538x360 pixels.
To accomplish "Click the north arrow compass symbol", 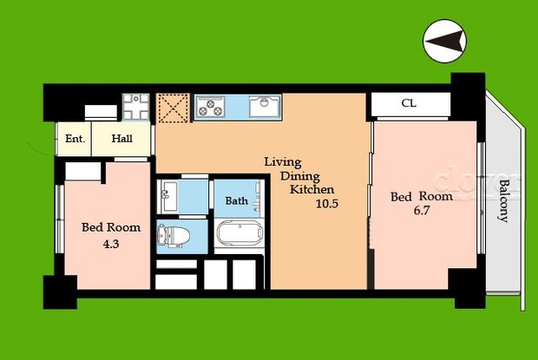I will click(444, 41).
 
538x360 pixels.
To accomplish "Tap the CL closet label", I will click(408, 104).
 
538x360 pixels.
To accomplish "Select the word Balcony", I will click(502, 200).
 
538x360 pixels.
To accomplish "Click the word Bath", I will click(237, 201).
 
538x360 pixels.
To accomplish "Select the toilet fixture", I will click(173, 236).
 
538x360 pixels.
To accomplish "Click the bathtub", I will click(239, 235).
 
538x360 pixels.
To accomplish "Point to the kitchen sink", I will click(264, 107).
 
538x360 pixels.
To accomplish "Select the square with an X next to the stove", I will click(174, 108).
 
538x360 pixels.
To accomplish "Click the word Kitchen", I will click(312, 189).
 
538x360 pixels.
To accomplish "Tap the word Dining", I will click(299, 175).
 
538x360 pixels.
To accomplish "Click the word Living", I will click(283, 161).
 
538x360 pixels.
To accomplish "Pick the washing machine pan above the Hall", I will click(136, 108).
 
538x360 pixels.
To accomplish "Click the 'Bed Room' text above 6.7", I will click(421, 197).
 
